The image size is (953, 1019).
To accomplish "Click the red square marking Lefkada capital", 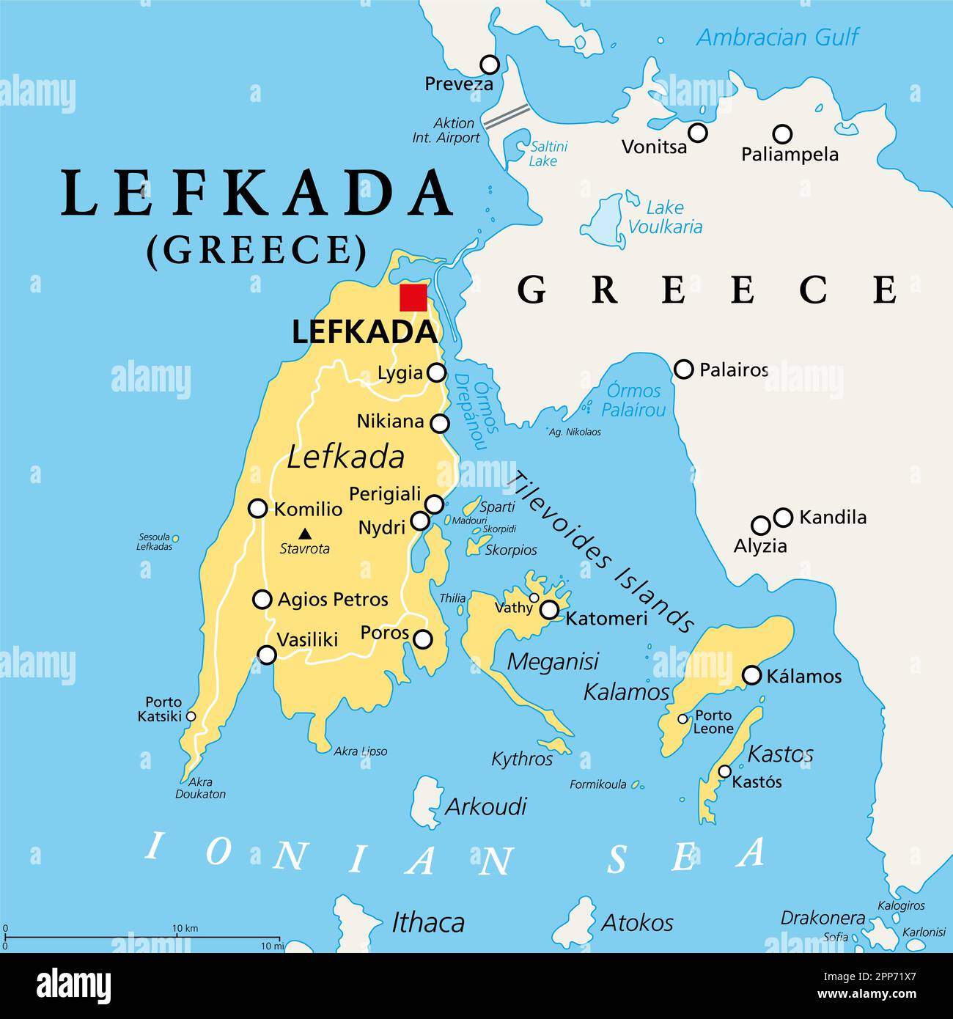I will click(x=413, y=298).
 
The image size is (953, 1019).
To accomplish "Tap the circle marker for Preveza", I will click(x=489, y=65).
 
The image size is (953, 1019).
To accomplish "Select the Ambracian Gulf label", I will click(x=776, y=37).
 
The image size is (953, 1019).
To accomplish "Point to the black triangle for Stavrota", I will click(x=304, y=534).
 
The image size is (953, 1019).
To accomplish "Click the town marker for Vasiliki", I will click(x=267, y=655).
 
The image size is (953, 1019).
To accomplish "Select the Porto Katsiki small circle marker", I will click(x=191, y=716).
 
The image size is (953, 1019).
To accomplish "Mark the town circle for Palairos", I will click(x=683, y=369).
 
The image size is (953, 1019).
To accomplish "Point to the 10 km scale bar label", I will click(x=185, y=928).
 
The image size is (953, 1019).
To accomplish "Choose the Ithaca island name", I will click(x=428, y=922).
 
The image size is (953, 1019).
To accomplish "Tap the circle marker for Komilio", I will click(x=257, y=508).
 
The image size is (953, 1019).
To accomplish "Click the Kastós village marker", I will click(x=724, y=771).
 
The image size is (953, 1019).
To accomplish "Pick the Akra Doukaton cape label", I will click(x=200, y=788).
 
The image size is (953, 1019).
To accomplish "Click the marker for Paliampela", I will click(x=783, y=134).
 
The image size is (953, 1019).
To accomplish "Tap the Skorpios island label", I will click(x=511, y=550).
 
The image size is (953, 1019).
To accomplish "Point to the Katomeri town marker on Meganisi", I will click(x=549, y=610).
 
